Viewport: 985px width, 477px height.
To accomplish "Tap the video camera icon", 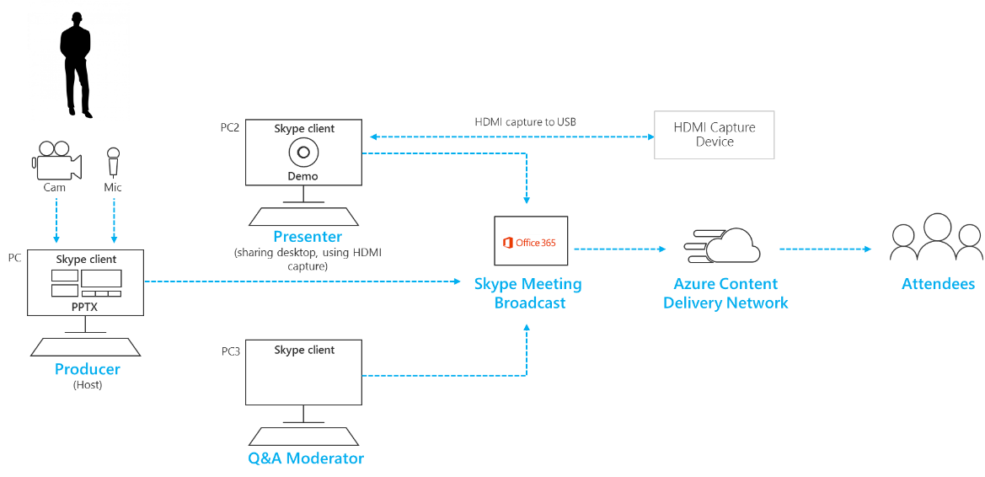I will click(56, 162).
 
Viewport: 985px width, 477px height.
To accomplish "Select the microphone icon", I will click(113, 162).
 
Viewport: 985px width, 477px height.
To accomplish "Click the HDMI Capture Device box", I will click(715, 135).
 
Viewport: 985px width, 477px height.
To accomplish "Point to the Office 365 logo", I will click(530, 243).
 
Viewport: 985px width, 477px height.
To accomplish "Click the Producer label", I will click(88, 369).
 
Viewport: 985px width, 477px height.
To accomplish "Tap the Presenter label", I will click(307, 237).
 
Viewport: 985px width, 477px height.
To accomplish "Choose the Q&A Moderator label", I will click(306, 458).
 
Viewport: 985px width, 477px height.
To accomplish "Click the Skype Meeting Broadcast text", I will click(528, 293).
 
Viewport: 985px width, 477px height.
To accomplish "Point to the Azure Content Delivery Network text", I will click(725, 293).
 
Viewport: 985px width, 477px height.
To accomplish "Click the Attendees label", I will click(938, 284).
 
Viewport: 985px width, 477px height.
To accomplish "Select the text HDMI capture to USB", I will click(524, 122).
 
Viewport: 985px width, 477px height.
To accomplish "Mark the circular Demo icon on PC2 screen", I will click(303, 153).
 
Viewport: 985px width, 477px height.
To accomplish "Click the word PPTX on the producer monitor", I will click(86, 307).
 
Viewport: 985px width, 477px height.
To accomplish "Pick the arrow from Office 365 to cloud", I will click(619, 249).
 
